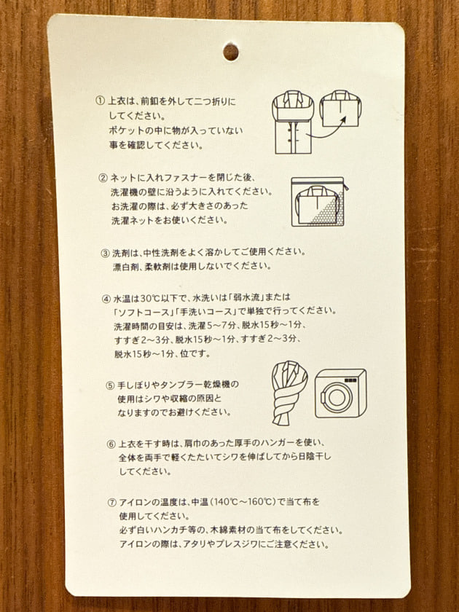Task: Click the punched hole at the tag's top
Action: [x=231, y=52]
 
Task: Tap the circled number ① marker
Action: [x=101, y=101]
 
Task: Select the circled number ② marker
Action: [x=103, y=178]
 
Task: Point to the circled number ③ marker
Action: [x=106, y=254]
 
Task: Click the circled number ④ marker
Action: [x=106, y=299]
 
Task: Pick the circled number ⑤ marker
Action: [x=111, y=385]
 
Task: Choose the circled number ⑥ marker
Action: [x=111, y=444]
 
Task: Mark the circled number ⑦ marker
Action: [x=112, y=503]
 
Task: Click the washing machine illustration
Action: [x=340, y=393]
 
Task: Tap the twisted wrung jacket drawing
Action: [x=289, y=393]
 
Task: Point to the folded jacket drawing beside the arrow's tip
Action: [x=340, y=109]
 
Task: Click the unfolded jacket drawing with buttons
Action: [x=293, y=122]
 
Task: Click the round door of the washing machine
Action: [x=336, y=397]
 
